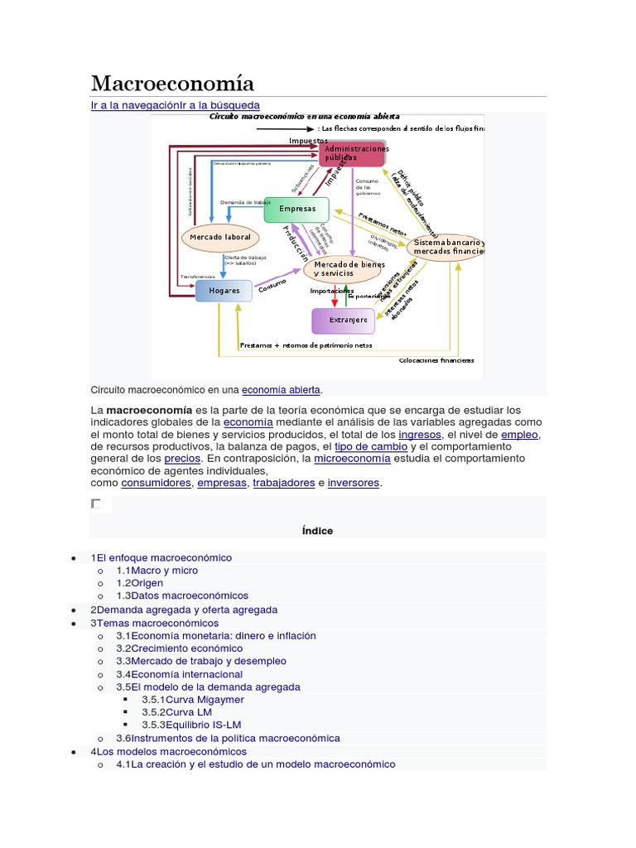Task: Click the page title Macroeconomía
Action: click(172, 84)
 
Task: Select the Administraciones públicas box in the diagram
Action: click(352, 153)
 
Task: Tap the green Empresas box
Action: click(296, 209)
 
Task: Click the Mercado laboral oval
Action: click(219, 238)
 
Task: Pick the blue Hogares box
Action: click(224, 291)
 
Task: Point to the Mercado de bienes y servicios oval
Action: click(343, 268)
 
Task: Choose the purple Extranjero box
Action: click(348, 320)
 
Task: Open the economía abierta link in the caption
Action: click(281, 389)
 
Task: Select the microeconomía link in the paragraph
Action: click(352, 458)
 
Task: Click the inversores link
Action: click(354, 483)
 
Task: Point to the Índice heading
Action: click(317, 531)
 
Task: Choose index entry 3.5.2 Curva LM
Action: click(188, 712)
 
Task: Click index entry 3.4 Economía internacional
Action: click(187, 674)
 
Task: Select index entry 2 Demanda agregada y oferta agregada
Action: click(187, 609)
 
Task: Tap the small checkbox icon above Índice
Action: click(96, 503)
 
